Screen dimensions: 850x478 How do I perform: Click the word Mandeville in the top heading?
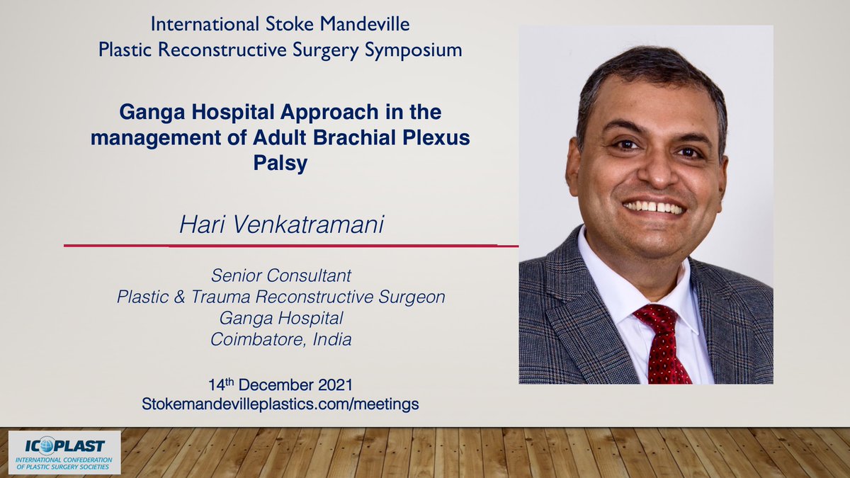pyautogui.click(x=365, y=24)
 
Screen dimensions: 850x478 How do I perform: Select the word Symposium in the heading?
pyautogui.click(x=413, y=50)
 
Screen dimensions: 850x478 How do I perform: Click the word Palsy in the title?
pyautogui.click(x=280, y=163)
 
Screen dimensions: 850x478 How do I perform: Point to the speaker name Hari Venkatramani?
pyautogui.click(x=282, y=224)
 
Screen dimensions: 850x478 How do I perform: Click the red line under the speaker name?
pyautogui.click(x=291, y=246)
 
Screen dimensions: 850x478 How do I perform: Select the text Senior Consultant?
pyautogui.click(x=280, y=275)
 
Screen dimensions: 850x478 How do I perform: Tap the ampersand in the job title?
pyautogui.click(x=179, y=297)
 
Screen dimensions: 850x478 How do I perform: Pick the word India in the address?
pyautogui.click(x=332, y=339)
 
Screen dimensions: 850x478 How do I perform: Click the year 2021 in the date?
pyautogui.click(x=335, y=385)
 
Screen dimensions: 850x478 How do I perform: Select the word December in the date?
pyautogui.click(x=276, y=385)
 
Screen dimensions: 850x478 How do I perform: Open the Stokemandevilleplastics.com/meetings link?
pyautogui.click(x=280, y=404)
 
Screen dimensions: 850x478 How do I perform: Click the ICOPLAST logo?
pyautogui.click(x=64, y=453)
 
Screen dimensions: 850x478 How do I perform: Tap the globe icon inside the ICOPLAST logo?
pyautogui.click(x=47, y=445)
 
